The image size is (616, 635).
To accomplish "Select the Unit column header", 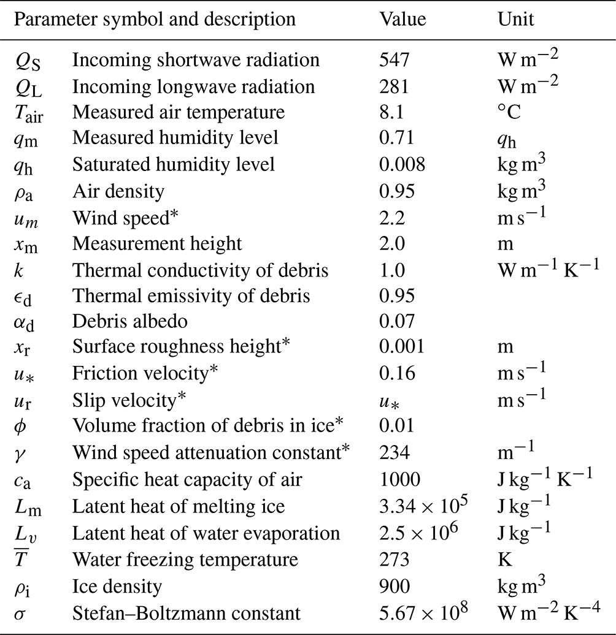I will click(x=516, y=18).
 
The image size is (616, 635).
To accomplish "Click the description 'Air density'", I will click(x=118, y=191).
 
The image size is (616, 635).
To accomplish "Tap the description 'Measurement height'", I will click(x=157, y=244).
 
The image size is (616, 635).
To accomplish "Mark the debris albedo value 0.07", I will click(x=397, y=322).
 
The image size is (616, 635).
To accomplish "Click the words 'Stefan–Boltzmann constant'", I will click(x=187, y=612).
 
